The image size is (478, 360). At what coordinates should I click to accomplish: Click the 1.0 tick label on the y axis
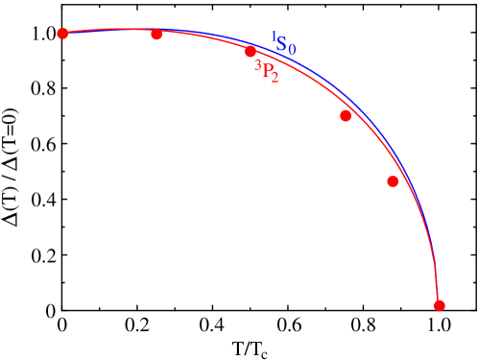click(x=43, y=35)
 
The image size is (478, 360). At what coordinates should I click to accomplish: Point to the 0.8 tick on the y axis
click(x=43, y=90)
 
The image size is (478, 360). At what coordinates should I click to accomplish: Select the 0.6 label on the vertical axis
click(x=43, y=146)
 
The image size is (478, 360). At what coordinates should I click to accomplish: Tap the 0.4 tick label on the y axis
click(x=43, y=202)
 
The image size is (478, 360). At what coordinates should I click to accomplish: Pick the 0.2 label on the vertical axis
click(x=43, y=257)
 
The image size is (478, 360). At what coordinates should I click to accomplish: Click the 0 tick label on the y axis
click(x=51, y=312)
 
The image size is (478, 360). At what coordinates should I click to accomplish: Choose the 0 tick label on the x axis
click(x=62, y=326)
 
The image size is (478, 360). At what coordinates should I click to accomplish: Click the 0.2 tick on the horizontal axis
click(x=137, y=326)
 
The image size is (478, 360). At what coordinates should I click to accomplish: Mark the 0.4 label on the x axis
click(x=213, y=326)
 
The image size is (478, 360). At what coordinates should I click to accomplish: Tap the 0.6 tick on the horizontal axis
click(x=288, y=326)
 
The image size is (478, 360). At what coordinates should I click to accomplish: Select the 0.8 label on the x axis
click(x=364, y=326)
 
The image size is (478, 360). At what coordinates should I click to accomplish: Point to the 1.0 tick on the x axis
click(x=439, y=326)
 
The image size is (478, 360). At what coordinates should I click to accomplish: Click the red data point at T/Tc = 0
click(x=62, y=34)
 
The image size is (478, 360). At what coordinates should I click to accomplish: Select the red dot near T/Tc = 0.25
click(x=156, y=34)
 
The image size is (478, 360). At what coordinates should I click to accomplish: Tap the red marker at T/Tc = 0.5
click(x=251, y=52)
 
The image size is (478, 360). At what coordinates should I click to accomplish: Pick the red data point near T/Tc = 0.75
click(x=346, y=116)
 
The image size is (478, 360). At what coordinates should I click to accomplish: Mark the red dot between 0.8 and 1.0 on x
click(x=393, y=181)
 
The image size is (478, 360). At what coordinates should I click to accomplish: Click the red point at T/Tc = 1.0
click(x=440, y=305)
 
